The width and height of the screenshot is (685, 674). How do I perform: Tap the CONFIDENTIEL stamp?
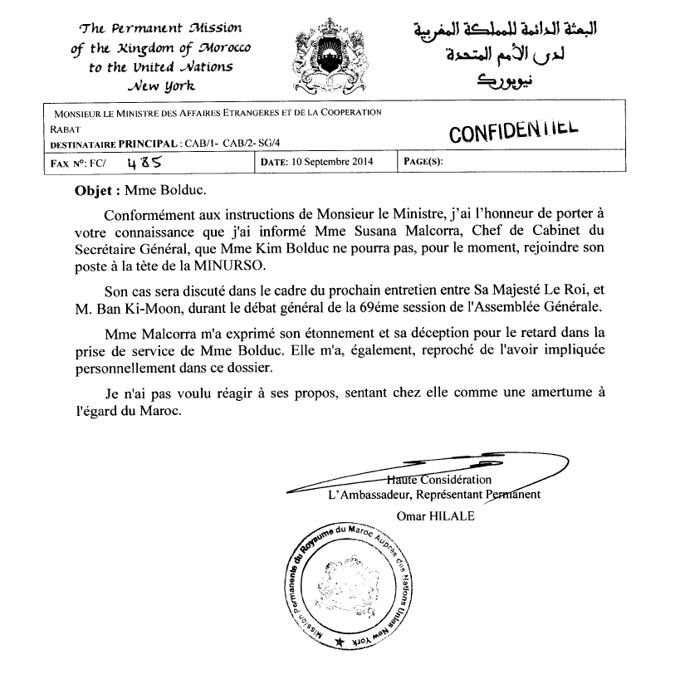click(x=512, y=131)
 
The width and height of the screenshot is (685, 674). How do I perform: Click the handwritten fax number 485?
click(x=139, y=163)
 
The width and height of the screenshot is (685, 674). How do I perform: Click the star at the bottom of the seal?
click(x=339, y=643)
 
